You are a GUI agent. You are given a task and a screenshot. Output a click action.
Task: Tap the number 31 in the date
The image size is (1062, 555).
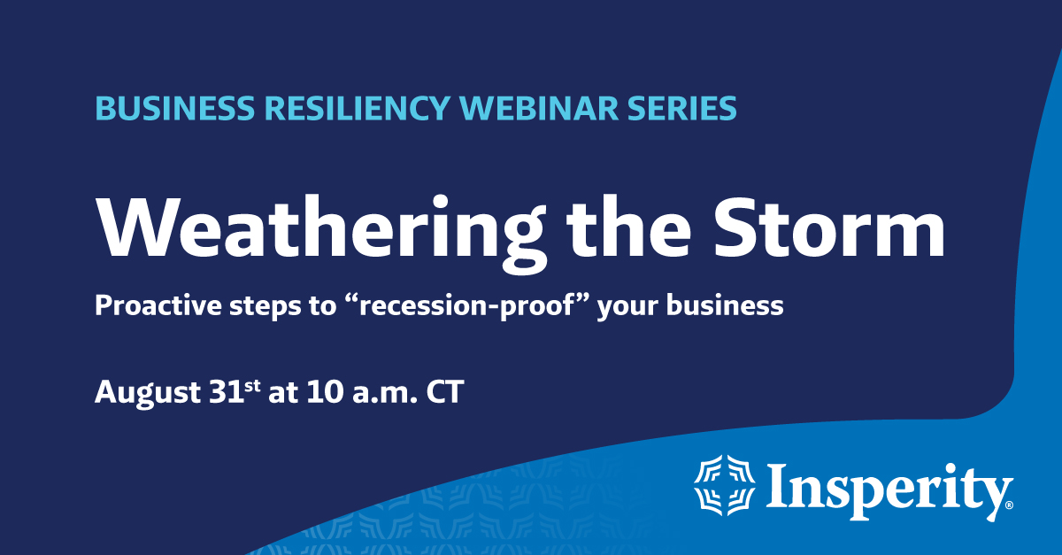224,392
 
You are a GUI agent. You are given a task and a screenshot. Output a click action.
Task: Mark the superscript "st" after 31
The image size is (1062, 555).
253,385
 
